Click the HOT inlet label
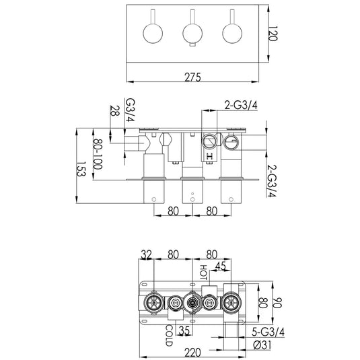(x=204, y=273)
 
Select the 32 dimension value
(x=147, y=255)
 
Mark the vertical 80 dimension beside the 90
(x=264, y=303)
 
